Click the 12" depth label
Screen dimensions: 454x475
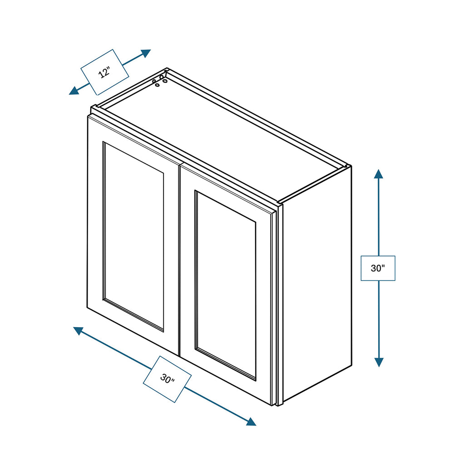coord(105,73)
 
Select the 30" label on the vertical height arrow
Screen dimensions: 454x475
coord(378,268)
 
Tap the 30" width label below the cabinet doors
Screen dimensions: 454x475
coord(167,379)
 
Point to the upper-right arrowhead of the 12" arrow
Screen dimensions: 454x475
coord(145,54)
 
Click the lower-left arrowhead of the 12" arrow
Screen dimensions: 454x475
coord(74,91)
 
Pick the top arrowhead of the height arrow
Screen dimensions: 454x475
coord(378,174)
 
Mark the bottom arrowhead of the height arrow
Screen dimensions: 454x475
coord(379,362)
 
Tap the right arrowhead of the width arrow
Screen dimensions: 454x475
coord(251,421)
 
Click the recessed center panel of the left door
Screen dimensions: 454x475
coord(133,236)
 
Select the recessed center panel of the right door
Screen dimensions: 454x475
coord(226,285)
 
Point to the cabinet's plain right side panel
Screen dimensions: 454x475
coord(317,285)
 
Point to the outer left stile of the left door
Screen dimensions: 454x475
coord(95,212)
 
